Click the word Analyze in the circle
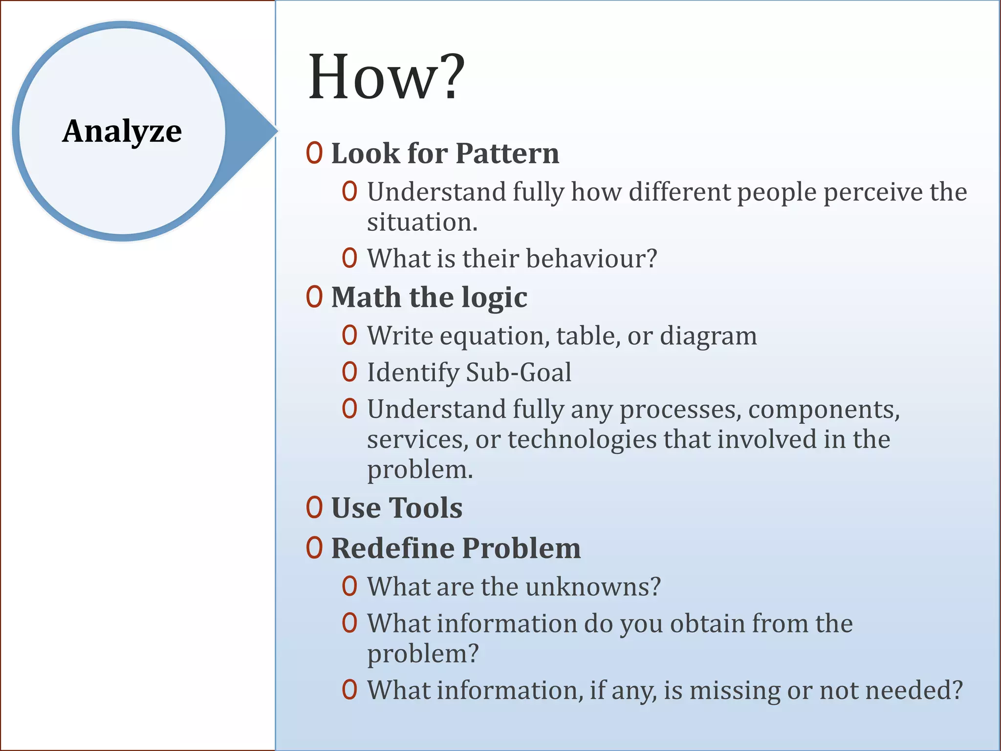click(x=122, y=132)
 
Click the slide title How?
click(x=386, y=78)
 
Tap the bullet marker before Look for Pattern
click(x=314, y=153)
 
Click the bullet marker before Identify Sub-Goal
click(x=349, y=372)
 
